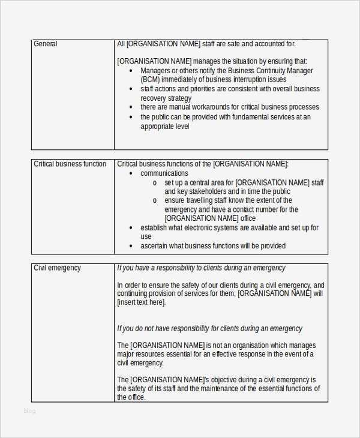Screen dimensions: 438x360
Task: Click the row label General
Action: click(46, 44)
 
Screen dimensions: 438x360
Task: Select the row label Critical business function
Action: click(70, 164)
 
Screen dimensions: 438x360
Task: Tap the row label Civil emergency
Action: click(57, 268)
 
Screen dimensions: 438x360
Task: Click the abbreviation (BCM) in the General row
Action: click(150, 80)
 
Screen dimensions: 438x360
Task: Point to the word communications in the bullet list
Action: click(164, 173)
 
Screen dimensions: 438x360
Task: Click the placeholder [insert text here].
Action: click(142, 302)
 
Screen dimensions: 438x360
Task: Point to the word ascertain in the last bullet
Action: click(156, 246)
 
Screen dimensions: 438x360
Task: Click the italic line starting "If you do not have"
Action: click(209, 329)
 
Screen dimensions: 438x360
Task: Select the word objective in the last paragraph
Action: click(230, 380)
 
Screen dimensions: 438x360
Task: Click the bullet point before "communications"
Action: click(131, 173)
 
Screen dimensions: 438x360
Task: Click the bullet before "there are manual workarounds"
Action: click(131, 107)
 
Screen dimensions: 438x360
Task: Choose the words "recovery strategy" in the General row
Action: click(166, 98)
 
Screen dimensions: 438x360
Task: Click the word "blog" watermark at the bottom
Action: click(29, 411)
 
